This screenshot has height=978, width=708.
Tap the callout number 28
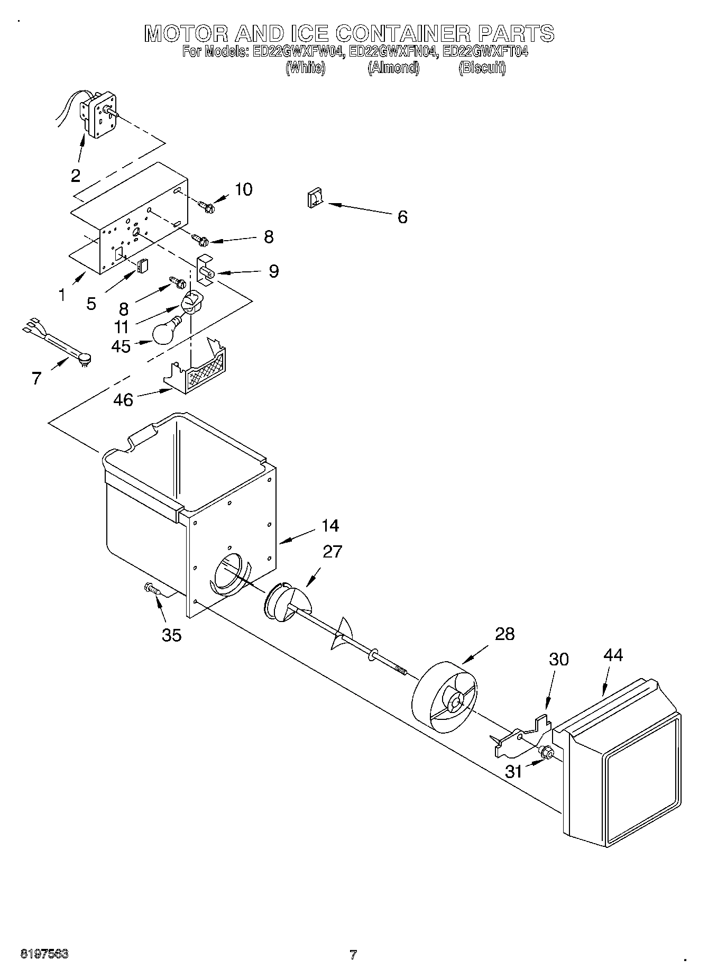point(504,633)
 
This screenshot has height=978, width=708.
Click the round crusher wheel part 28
point(445,697)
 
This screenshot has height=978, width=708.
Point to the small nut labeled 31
point(546,752)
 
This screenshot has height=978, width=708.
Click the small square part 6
point(314,199)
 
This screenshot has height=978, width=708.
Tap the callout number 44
point(613,654)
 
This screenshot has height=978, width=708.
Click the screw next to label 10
point(205,206)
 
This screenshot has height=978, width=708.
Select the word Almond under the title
point(393,68)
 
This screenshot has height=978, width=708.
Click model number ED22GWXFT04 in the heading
point(485,52)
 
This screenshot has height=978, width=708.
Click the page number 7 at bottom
point(353,955)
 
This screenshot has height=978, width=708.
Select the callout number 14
point(329,525)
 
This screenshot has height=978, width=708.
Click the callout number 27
point(332,551)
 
